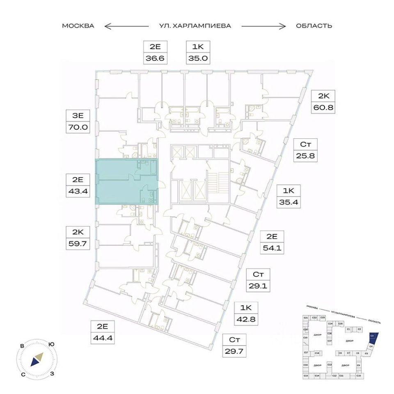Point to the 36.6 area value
(155, 58)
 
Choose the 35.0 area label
(197, 58)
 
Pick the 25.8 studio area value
(305, 156)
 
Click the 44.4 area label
(103, 338)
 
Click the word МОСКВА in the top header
(78, 26)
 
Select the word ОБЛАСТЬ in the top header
(314, 26)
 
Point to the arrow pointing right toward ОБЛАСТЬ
(263, 26)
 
